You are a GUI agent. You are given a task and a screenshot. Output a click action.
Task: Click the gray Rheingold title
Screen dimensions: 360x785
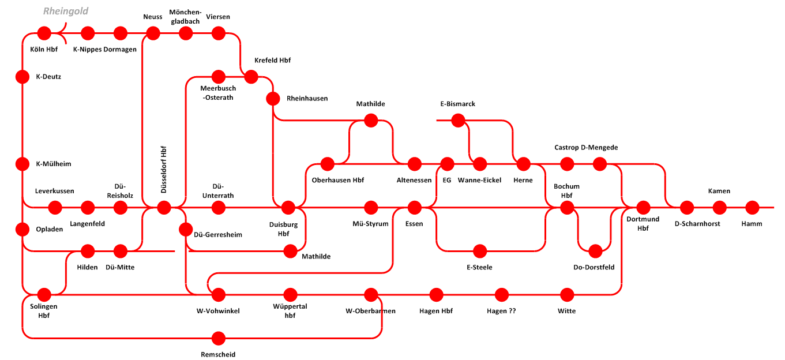[x=66, y=11]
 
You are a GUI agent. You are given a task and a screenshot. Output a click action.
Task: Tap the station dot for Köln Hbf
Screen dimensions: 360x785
[x=44, y=33]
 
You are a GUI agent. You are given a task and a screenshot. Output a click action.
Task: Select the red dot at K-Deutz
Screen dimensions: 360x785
[x=22, y=77]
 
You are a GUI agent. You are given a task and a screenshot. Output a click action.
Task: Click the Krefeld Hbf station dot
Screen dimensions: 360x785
[x=251, y=77]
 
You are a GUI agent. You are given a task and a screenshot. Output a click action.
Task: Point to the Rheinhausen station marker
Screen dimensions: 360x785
[x=273, y=99]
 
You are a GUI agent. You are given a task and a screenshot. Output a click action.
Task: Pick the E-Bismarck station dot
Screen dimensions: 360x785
[x=458, y=121]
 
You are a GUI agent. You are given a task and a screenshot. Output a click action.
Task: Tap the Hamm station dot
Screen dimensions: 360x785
[x=752, y=208]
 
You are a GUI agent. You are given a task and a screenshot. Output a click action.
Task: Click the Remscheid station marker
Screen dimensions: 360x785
[x=219, y=338]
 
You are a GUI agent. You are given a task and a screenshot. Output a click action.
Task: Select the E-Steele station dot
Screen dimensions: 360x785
[x=480, y=251]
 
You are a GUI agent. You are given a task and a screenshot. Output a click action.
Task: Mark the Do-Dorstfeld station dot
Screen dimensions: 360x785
[x=595, y=251]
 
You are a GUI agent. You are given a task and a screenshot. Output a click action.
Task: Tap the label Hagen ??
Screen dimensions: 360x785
[x=501, y=311]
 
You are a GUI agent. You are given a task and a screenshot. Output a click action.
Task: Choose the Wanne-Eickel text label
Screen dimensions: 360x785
[x=480, y=180]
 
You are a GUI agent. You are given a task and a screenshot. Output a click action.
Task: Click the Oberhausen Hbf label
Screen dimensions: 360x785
[x=338, y=180]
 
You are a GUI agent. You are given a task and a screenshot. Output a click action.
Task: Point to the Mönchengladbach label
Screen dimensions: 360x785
[x=185, y=17]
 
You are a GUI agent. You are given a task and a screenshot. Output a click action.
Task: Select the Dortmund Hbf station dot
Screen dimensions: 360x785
[x=643, y=208]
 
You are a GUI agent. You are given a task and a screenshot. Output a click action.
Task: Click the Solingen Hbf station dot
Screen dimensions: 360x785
[x=44, y=294]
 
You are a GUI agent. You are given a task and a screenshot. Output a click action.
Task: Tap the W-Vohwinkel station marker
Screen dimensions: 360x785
[x=219, y=294]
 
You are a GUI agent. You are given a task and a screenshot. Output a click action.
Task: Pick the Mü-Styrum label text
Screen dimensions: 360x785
[x=370, y=224]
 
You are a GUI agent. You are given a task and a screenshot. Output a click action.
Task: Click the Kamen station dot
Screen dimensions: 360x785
[x=719, y=208]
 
